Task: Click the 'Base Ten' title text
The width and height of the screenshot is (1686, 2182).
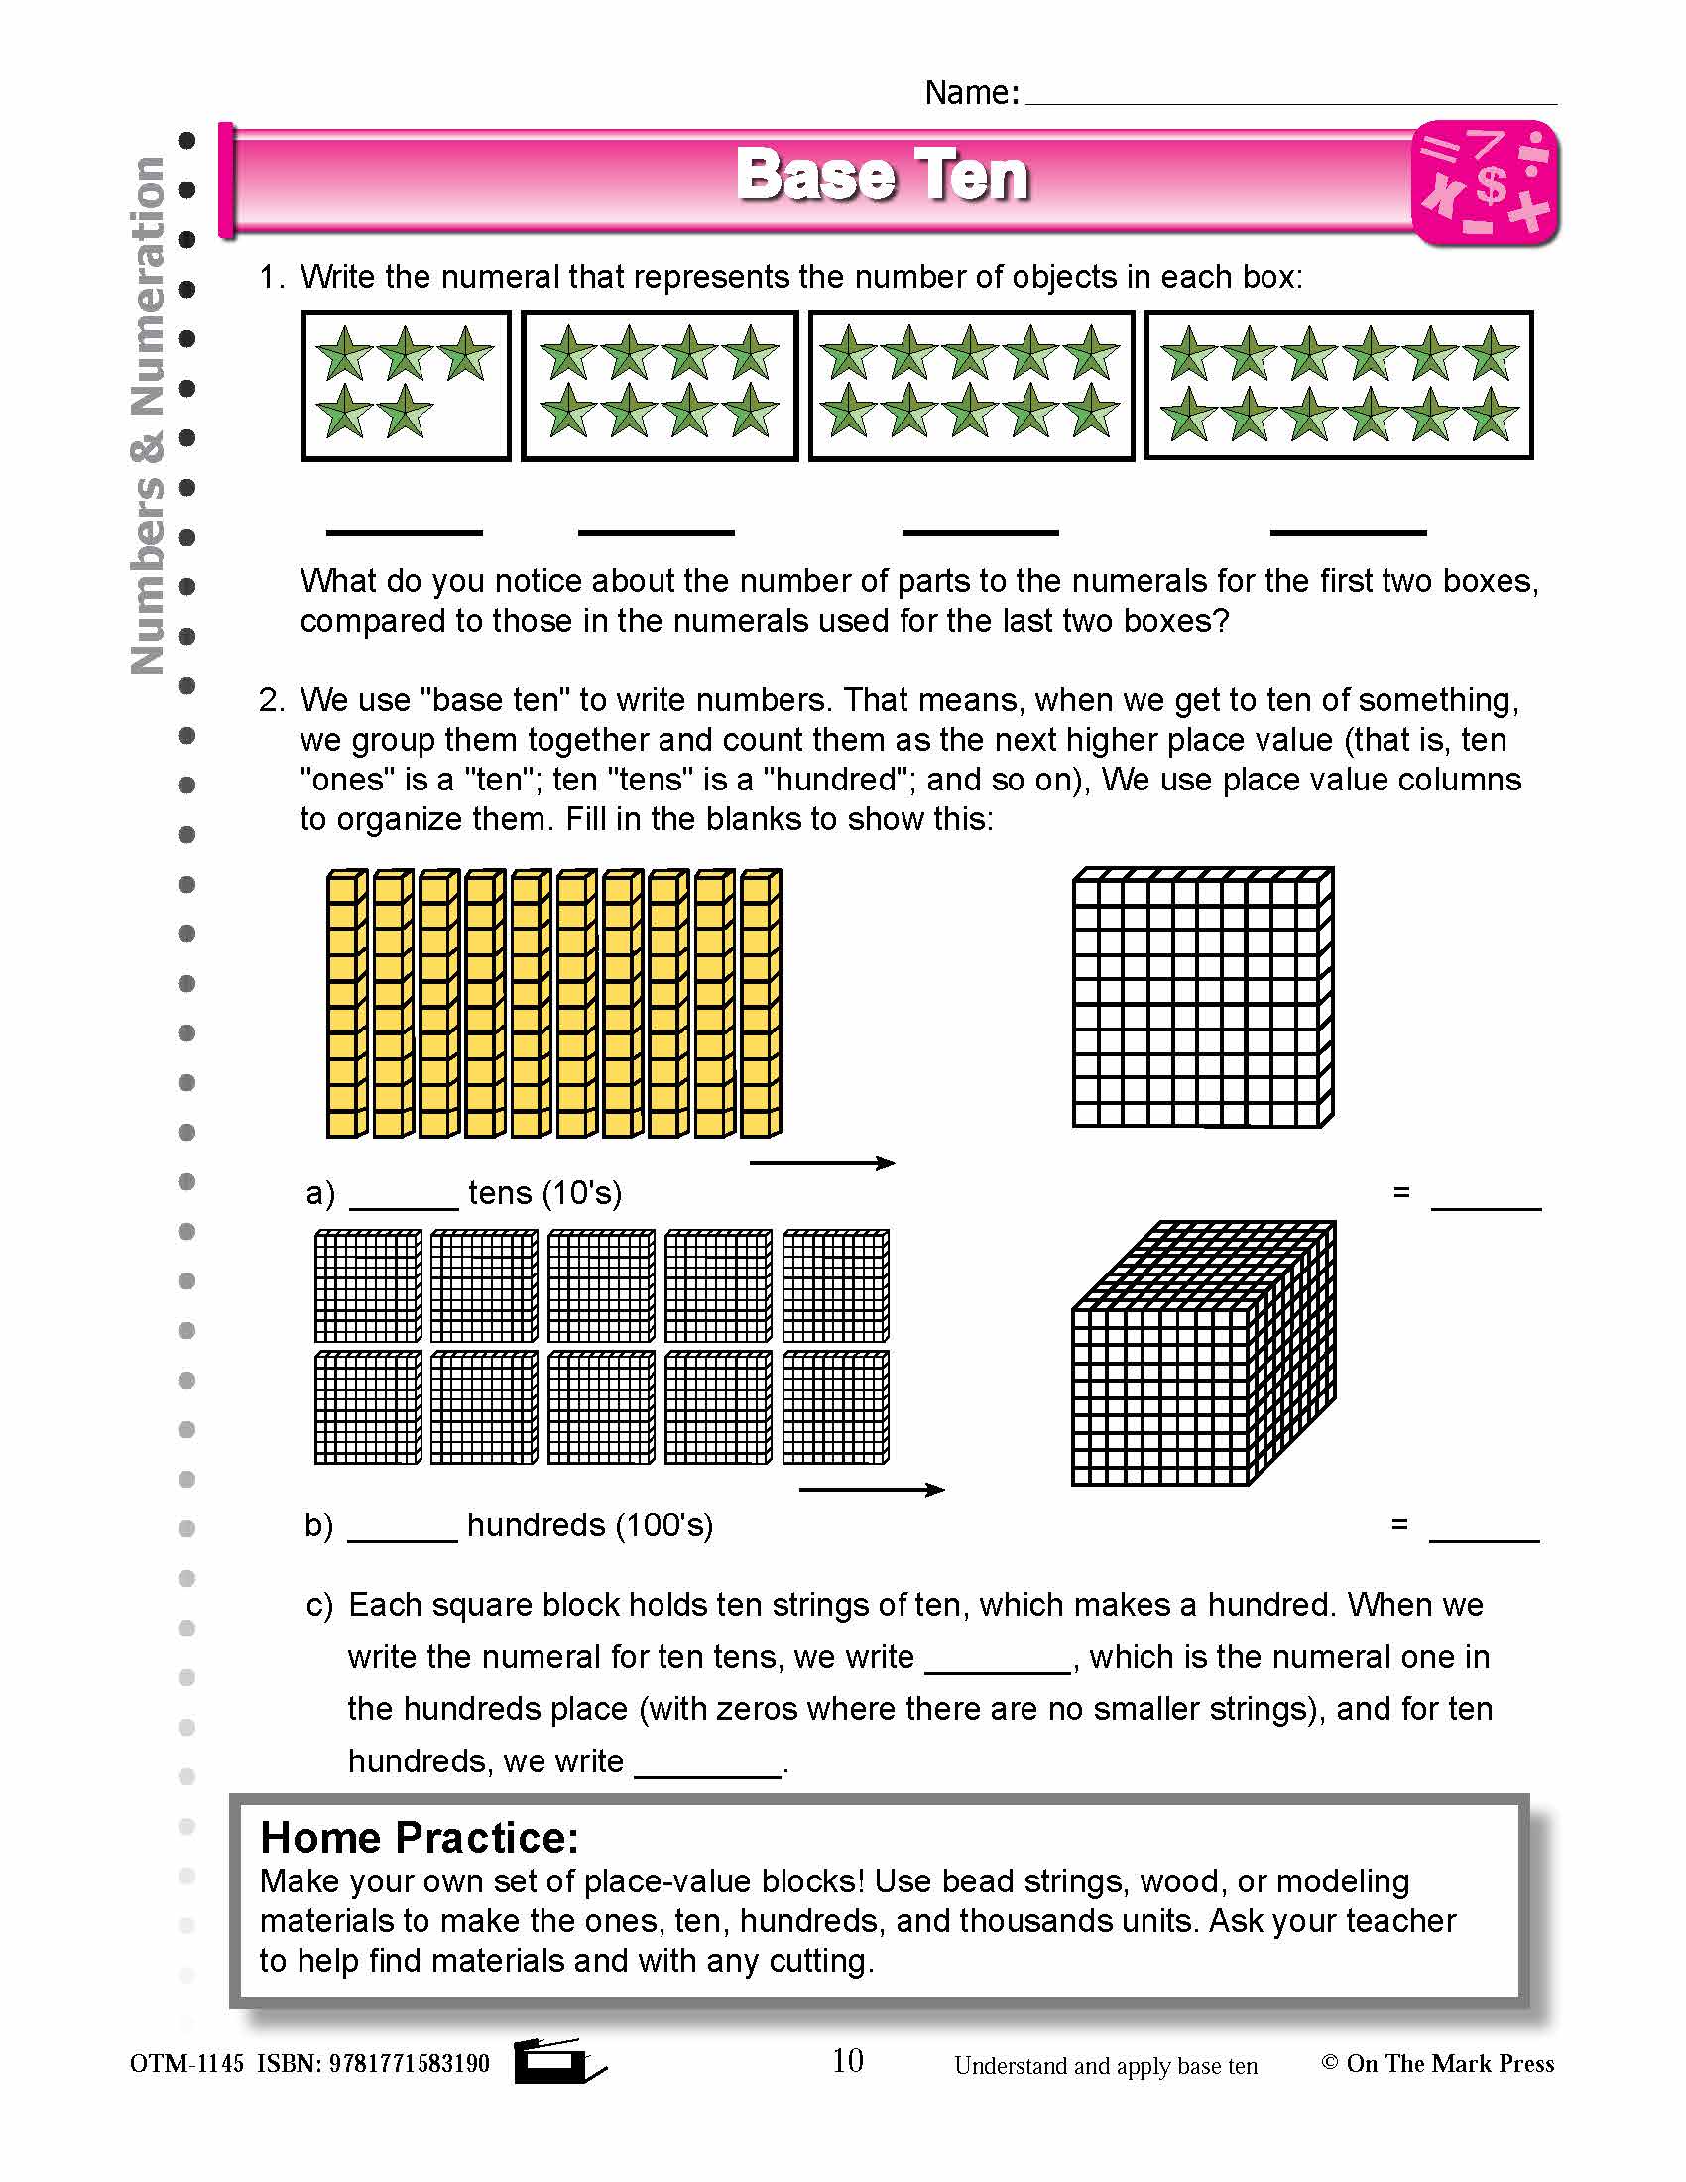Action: [x=881, y=176]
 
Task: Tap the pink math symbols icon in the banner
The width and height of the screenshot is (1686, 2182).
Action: [x=1485, y=183]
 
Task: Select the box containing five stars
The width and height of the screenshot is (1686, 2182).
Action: [x=406, y=386]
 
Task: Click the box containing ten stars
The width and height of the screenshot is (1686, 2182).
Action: [x=971, y=386]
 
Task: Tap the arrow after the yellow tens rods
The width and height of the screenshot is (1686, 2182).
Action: [x=822, y=1163]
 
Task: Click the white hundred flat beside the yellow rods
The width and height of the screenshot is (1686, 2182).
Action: [x=1203, y=997]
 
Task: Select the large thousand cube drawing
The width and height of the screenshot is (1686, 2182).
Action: [x=1203, y=1354]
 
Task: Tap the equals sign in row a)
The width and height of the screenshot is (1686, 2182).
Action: [x=1401, y=1192]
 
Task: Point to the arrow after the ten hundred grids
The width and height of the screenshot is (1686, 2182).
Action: [x=872, y=1490]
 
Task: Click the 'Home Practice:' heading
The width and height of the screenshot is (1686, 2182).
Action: [x=420, y=1837]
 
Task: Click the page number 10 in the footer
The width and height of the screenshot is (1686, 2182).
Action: [x=847, y=2060]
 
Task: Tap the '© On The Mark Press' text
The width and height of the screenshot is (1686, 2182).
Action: [x=1437, y=2063]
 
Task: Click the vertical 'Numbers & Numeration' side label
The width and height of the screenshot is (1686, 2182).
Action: [x=148, y=415]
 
